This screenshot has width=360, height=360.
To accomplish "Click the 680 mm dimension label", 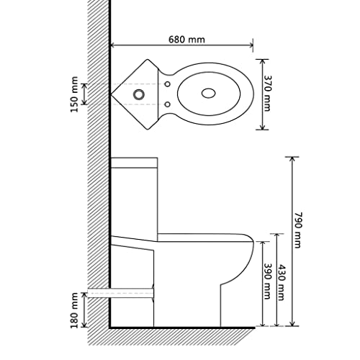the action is (186, 40).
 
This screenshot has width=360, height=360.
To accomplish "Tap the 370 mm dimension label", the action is (267, 94).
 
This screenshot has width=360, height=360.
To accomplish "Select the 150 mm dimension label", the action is (74, 94).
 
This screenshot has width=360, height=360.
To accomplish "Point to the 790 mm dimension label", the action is (297, 230).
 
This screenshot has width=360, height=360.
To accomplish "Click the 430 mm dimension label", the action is (281, 282).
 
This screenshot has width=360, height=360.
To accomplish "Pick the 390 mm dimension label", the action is (267, 282).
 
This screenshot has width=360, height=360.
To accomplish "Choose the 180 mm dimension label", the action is (74, 310).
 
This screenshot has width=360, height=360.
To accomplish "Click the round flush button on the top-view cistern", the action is (138, 94).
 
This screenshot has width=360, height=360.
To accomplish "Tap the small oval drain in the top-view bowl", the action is (208, 94).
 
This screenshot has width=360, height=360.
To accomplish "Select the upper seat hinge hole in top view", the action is (168, 84).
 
